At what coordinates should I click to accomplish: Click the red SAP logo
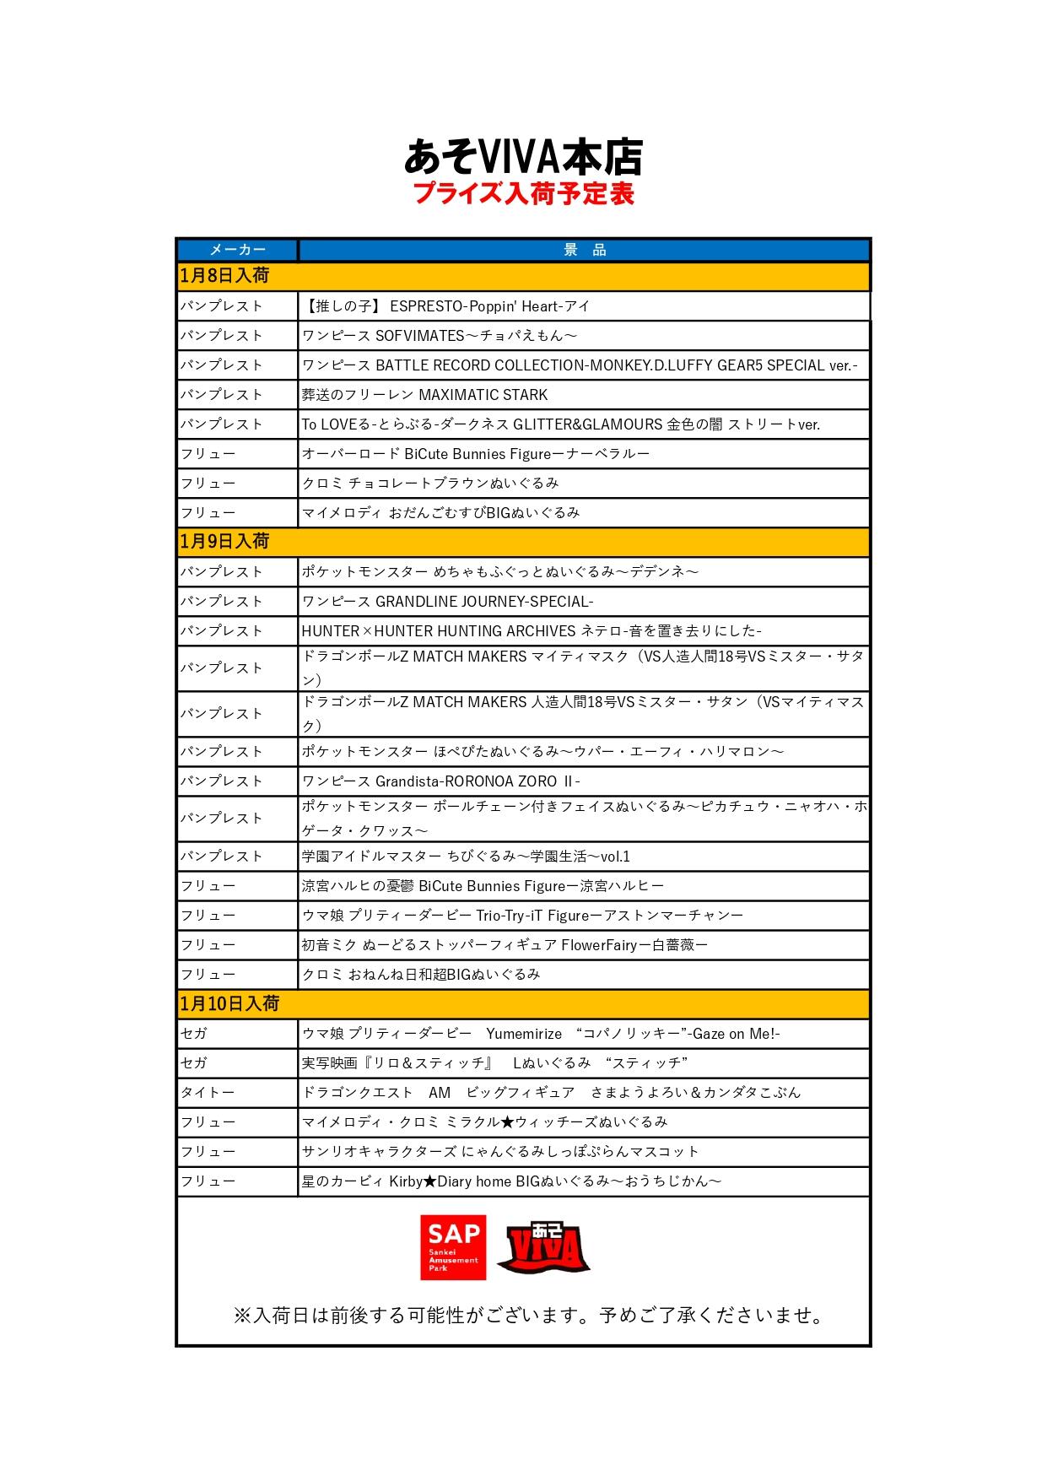(x=453, y=1246)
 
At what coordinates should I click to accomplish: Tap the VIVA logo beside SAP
(x=543, y=1248)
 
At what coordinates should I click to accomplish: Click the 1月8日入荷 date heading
(x=224, y=276)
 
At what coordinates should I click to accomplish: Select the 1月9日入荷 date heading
(x=224, y=542)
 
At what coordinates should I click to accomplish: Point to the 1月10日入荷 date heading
(x=229, y=1003)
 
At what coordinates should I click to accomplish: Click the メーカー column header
(x=237, y=250)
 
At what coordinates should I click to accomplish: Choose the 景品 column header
(x=584, y=250)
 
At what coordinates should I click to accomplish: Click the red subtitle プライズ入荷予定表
(x=523, y=193)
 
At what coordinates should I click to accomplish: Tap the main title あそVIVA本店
(x=523, y=156)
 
